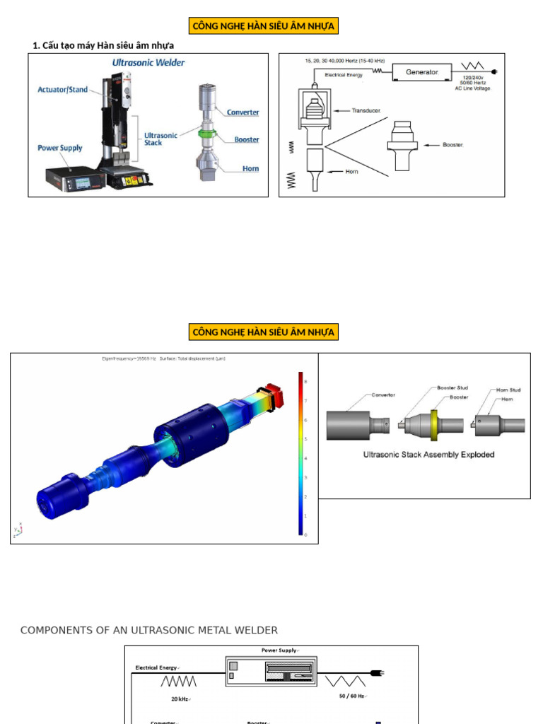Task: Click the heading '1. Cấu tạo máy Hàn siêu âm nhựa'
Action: click(103, 46)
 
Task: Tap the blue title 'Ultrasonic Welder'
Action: click(148, 63)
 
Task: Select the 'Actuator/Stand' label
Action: click(63, 90)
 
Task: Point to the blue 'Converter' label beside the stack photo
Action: click(243, 112)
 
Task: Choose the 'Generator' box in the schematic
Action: click(422, 72)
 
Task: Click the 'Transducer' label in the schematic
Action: click(366, 111)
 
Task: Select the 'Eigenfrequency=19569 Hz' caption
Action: click(129, 359)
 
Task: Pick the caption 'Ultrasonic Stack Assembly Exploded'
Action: click(428, 455)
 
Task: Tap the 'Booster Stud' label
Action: click(452, 388)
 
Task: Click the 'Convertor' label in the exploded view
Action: click(382, 395)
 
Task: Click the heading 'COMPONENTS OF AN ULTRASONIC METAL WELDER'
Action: click(149, 630)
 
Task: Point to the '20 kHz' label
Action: click(180, 699)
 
